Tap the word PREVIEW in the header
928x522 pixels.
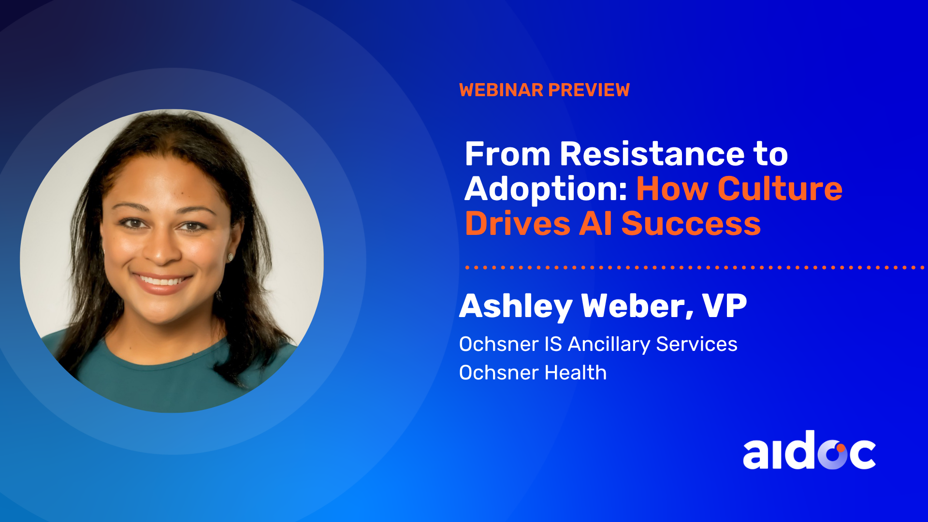[589, 90]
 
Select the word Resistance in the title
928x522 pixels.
[652, 154]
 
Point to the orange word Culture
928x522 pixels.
[780, 188]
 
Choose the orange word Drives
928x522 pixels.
[517, 224]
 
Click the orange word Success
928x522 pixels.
[691, 224]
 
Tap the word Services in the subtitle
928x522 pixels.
[696, 344]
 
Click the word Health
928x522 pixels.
[575, 373]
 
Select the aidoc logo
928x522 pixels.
[809, 450]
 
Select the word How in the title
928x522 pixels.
[672, 188]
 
